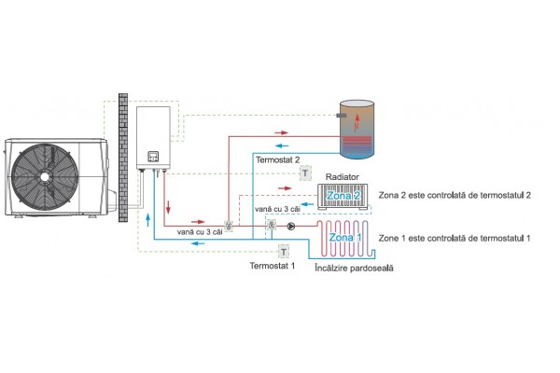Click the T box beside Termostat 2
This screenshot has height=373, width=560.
[x=304, y=173]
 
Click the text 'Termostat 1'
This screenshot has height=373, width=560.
[x=271, y=266]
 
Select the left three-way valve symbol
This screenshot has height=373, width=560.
[x=229, y=227]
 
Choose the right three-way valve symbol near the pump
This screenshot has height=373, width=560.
[x=272, y=226]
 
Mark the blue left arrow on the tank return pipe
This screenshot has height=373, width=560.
[x=281, y=147]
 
